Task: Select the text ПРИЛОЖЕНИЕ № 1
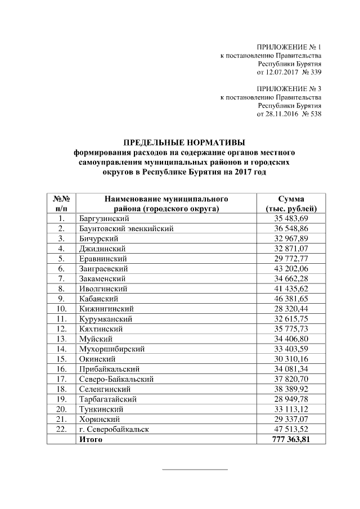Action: tap(289, 47)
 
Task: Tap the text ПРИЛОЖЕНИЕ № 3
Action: tap(289, 88)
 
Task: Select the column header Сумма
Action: tap(291, 199)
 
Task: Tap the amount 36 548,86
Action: tap(291, 228)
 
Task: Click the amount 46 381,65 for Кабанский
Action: tap(291, 299)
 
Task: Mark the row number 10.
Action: tap(61, 309)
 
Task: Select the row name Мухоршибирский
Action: tap(112, 349)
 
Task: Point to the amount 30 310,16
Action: tap(291, 359)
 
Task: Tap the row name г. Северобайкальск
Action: tap(115, 429)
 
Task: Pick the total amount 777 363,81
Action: tap(291, 439)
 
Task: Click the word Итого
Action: tap(91, 439)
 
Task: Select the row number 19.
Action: tap(61, 399)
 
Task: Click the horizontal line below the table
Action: tap(195, 469)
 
